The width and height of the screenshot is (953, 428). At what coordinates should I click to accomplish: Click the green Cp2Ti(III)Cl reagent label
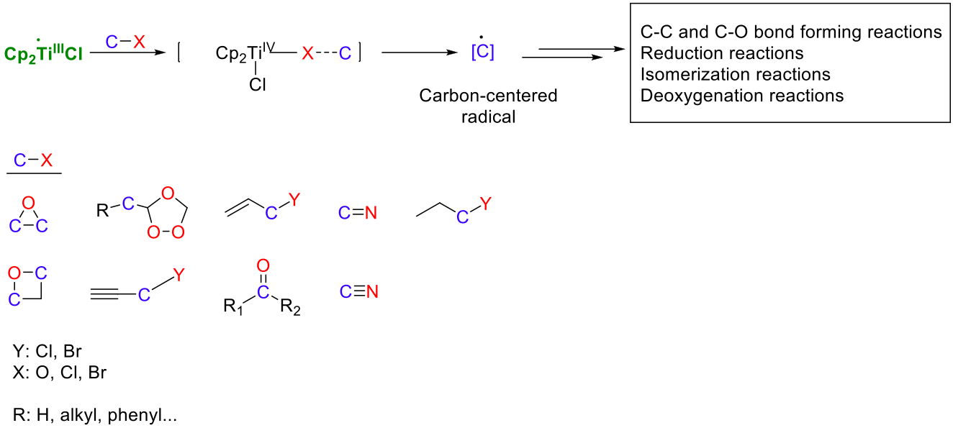[43, 54]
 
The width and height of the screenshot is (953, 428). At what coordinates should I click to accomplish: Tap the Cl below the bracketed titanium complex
[258, 85]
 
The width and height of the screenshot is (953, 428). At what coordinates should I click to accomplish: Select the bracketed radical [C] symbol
[482, 53]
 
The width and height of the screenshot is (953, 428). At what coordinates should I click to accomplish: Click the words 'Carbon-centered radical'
[489, 106]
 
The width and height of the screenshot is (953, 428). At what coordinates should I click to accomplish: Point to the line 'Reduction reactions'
[722, 53]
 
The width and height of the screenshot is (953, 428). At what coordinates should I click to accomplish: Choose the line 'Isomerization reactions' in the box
[735, 74]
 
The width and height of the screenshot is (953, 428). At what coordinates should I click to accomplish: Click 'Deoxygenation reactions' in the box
[741, 95]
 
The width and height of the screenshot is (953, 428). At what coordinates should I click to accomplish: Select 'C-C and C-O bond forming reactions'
[790, 32]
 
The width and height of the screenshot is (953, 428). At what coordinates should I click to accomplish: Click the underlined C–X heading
[33, 161]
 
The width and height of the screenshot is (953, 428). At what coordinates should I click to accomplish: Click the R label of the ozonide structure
[102, 211]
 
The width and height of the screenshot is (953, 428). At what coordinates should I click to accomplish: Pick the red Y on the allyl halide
[293, 198]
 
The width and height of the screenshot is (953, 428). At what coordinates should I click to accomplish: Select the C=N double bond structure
[358, 212]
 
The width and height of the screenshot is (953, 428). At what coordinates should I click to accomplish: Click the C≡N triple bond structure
[358, 291]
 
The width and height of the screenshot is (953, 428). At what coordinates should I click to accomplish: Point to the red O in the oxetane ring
[14, 273]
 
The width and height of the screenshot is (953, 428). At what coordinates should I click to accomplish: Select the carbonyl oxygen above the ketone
[263, 265]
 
